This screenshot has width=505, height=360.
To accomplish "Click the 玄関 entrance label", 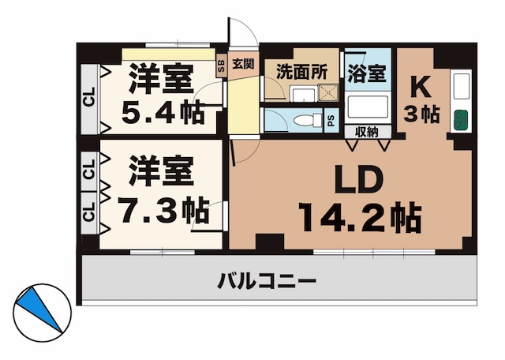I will point(243,64).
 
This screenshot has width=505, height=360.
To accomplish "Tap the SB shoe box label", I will point(221,65).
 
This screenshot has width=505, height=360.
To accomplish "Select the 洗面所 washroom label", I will point(301,70).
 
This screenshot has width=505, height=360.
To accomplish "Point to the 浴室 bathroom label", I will point(367,72).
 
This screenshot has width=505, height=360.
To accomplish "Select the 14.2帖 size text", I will point(358,216).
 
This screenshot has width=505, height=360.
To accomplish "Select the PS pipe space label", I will point(330,122).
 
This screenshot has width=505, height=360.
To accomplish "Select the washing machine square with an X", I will point(325,92).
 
